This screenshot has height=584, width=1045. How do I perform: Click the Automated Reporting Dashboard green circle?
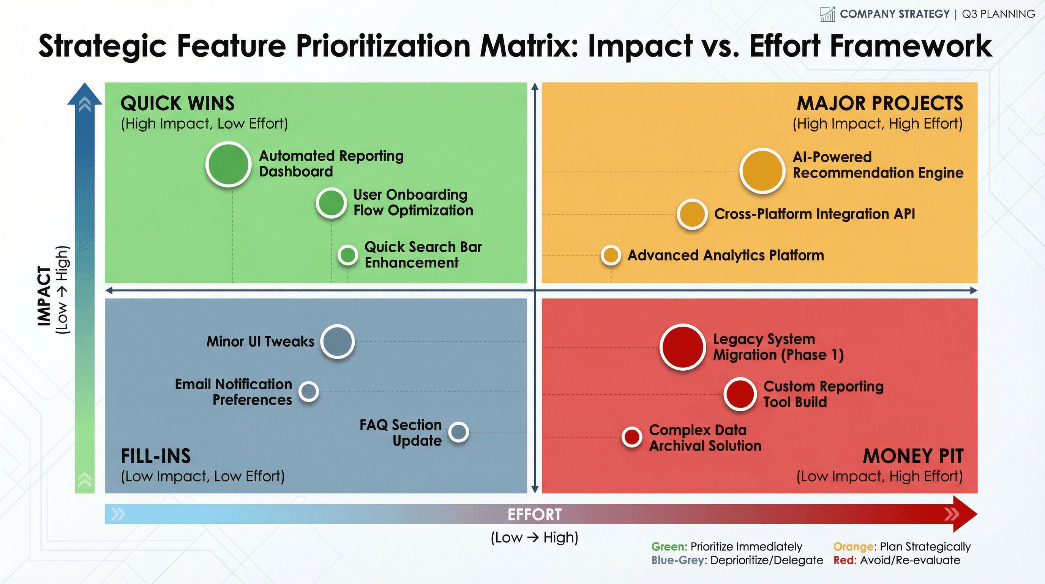(x=228, y=165)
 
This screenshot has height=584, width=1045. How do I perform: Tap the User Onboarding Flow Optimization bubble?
(x=331, y=203)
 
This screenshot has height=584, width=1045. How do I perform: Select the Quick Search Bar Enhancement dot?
(x=348, y=255)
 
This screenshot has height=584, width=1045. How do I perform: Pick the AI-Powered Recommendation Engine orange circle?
(x=762, y=171)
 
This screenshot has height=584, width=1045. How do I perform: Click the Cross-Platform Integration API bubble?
(x=692, y=214)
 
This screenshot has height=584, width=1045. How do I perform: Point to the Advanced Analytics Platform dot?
(x=611, y=255)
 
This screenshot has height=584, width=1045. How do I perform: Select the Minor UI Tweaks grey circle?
(x=337, y=341)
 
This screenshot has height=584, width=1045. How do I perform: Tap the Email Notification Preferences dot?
(x=309, y=392)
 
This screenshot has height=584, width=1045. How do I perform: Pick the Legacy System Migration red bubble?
(x=683, y=347)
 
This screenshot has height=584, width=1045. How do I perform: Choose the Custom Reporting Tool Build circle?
(x=740, y=394)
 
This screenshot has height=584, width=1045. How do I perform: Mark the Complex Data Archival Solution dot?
(x=631, y=437)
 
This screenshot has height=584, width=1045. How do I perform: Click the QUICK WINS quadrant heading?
(x=178, y=103)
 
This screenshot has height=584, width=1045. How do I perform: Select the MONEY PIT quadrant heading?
(x=913, y=456)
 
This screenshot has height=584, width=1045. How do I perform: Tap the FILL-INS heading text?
(x=156, y=456)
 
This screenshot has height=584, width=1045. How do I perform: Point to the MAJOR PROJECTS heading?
(x=880, y=103)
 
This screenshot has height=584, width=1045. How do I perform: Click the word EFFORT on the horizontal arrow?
(x=535, y=514)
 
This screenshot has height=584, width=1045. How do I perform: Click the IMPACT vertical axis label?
(x=44, y=296)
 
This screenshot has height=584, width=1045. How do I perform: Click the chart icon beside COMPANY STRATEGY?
(x=827, y=14)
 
